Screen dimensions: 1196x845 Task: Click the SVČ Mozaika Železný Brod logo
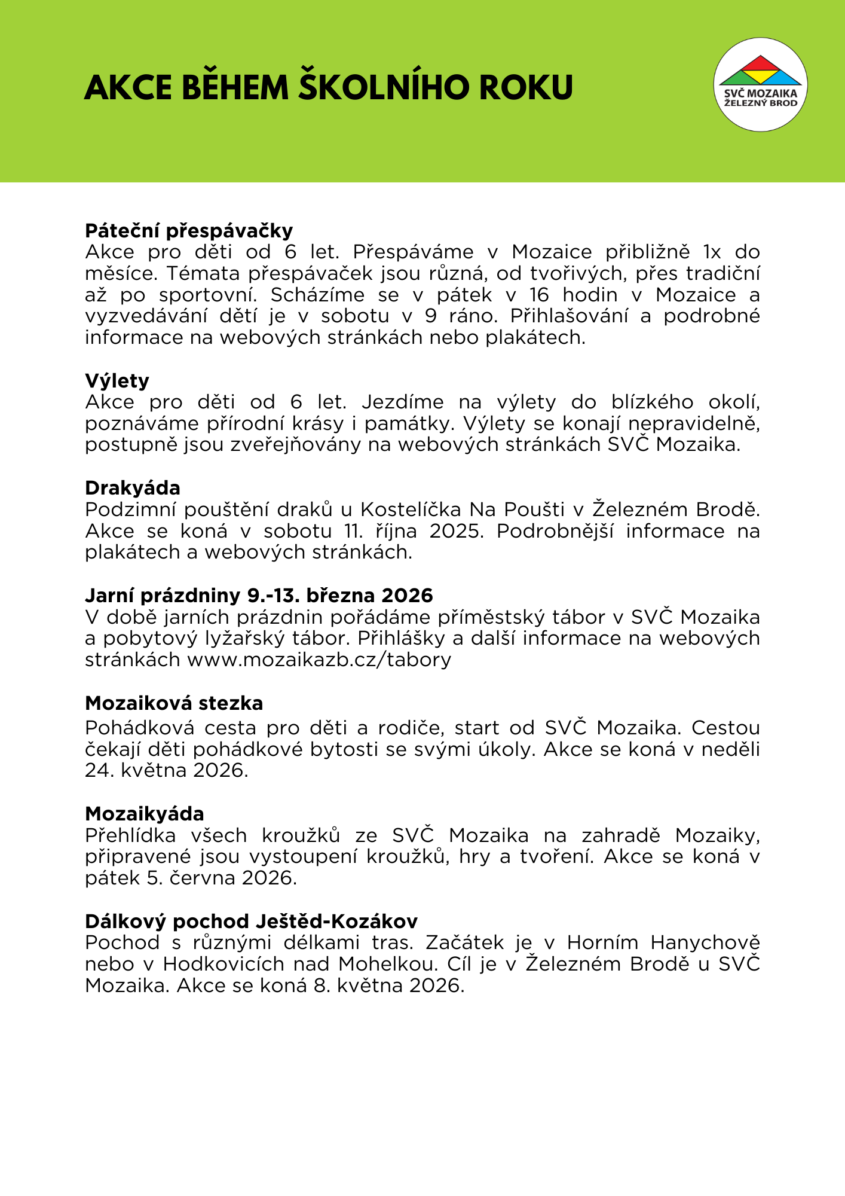760,84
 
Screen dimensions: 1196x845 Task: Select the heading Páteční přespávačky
189,231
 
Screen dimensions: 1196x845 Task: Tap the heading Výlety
117,381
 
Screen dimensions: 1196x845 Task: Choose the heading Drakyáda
133,488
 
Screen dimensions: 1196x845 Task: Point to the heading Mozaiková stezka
174,703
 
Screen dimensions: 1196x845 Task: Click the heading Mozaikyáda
145,814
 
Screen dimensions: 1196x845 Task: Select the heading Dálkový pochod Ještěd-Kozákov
251,921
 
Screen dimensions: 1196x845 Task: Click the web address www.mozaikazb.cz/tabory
319,660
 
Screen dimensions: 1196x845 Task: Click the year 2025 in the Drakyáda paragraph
455,531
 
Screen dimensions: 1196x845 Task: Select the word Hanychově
705,942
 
